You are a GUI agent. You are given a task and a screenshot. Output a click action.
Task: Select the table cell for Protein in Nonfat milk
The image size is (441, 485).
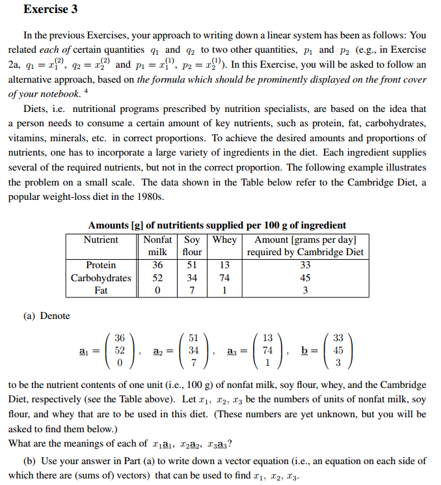tap(157, 265)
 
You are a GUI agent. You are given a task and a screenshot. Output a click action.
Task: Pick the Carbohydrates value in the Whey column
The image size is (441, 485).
tap(225, 278)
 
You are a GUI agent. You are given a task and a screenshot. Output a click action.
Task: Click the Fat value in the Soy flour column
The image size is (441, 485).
tap(192, 291)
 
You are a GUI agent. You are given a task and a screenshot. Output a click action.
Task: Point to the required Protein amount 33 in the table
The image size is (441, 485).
tap(305, 265)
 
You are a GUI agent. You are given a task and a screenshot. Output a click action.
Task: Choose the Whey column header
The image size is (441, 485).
tap(225, 240)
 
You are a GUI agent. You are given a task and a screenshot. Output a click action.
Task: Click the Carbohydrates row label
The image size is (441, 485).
tap(101, 278)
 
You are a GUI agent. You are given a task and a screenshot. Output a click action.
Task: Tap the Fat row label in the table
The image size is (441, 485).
tap(101, 291)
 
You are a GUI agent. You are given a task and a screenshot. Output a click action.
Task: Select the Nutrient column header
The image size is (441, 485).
tap(101, 240)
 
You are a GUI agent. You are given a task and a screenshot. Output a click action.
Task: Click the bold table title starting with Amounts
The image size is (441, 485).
tap(217, 225)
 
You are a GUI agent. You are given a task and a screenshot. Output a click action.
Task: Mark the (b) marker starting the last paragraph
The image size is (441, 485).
tap(29, 460)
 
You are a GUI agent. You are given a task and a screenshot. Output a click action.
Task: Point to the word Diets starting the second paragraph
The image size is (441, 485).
tap(36, 108)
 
